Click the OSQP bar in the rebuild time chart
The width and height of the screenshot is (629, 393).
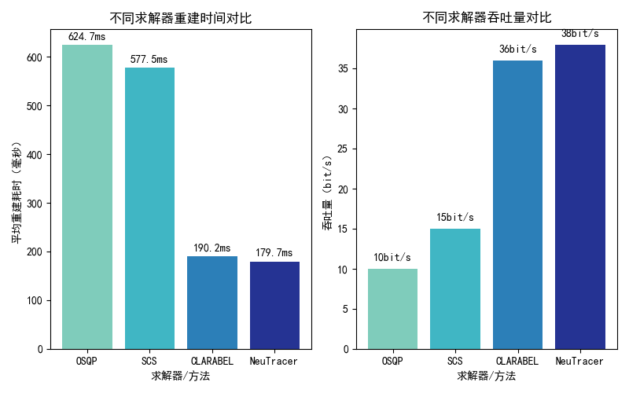87,196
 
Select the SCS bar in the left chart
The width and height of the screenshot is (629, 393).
149,208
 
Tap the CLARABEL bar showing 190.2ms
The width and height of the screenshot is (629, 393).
212,303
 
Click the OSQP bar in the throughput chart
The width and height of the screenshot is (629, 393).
392,309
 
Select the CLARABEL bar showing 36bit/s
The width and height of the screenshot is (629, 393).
517,204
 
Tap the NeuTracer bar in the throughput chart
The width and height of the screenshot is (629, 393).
580,196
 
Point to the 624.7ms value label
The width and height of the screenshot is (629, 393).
87,36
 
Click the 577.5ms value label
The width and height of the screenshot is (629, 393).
149,59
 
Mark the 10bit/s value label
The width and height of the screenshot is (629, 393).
392,257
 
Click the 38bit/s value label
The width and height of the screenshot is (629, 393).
580,34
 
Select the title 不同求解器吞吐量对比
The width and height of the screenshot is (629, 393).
487,18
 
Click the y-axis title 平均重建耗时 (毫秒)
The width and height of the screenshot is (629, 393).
17,193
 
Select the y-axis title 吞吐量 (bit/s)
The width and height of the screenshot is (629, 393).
327,193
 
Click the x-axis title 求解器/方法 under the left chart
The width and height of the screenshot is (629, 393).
181,376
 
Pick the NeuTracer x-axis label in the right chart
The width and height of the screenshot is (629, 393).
580,361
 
